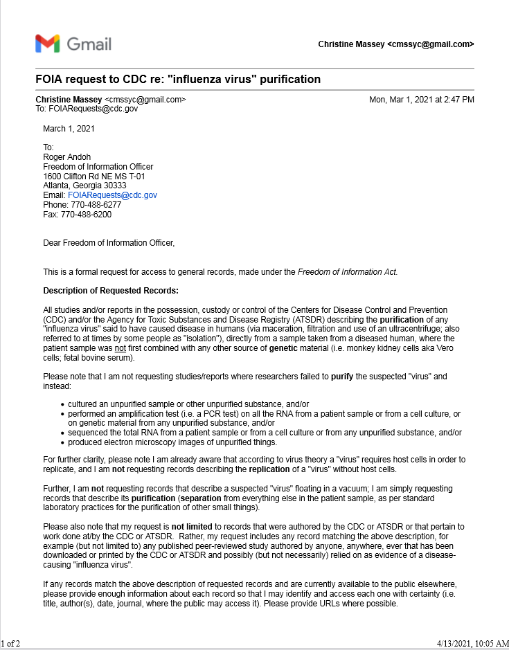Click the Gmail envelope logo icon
click(x=48, y=44)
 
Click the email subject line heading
click(x=178, y=79)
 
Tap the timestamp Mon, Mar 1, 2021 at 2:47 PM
click(x=421, y=100)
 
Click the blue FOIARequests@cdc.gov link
click(x=112, y=195)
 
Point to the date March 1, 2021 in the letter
click(x=69, y=128)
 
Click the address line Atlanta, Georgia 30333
click(x=84, y=186)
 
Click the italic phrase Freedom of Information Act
click(x=347, y=272)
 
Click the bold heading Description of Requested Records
click(x=111, y=291)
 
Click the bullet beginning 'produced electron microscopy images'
click(x=172, y=442)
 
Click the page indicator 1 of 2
click(x=11, y=643)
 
